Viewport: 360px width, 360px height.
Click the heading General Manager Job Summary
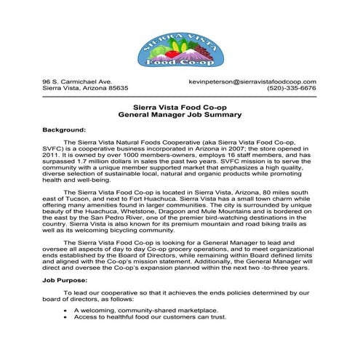[x=180, y=115]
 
